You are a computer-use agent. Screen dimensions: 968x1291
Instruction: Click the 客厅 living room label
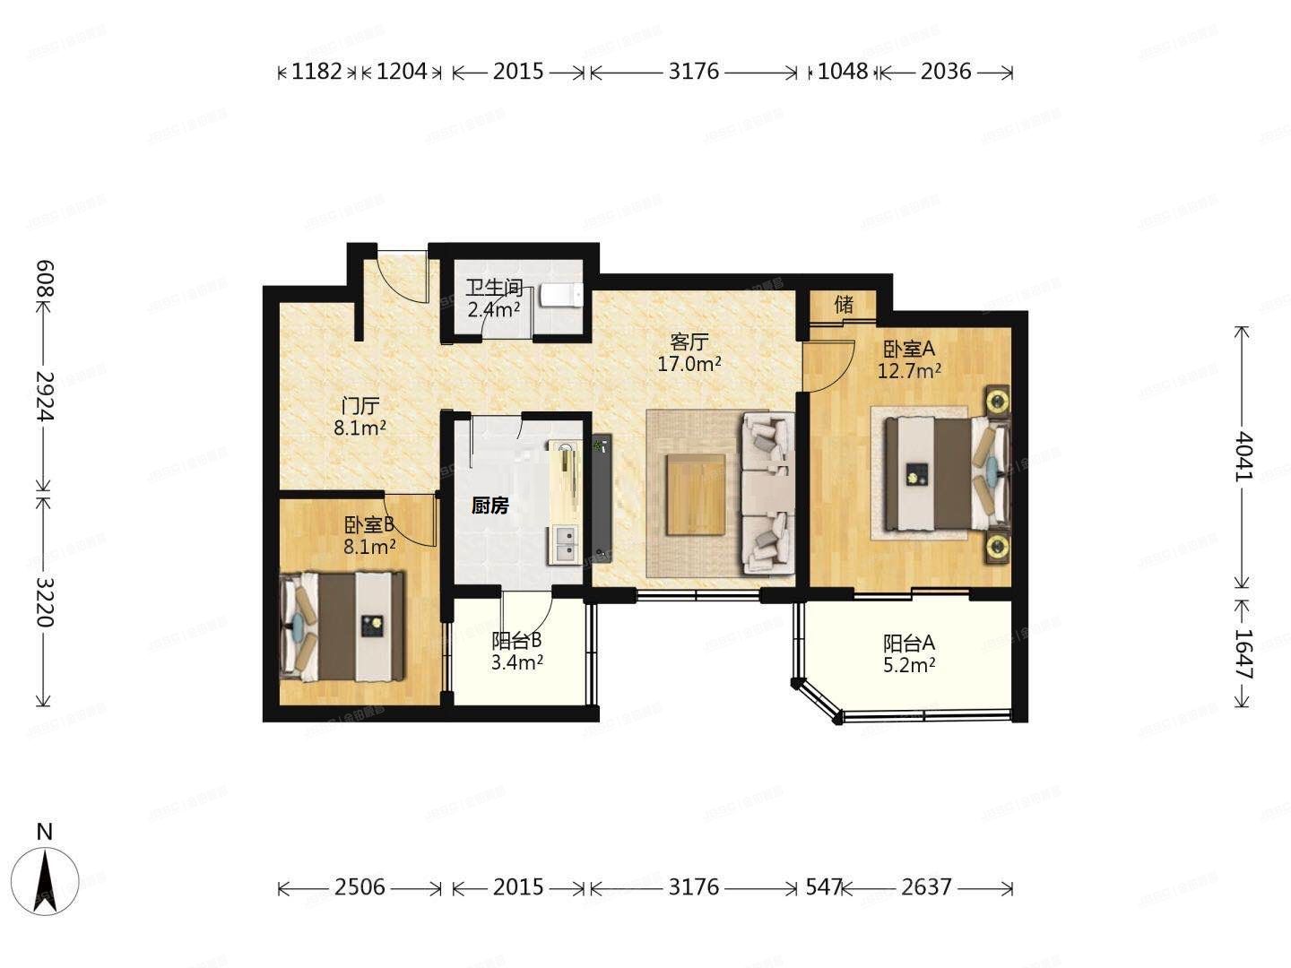690,342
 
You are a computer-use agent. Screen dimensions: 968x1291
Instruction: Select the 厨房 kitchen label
490,506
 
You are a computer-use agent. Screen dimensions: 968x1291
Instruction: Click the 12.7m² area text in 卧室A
909,370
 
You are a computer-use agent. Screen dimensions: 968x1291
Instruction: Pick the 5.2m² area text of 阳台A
909,665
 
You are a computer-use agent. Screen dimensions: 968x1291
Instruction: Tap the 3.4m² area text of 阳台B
517,663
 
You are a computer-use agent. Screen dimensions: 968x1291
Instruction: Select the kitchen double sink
566,544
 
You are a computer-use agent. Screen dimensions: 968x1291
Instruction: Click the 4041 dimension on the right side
1243,455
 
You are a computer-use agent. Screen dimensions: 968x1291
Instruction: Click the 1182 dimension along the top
316,72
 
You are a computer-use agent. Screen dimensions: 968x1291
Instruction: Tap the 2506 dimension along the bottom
360,887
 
